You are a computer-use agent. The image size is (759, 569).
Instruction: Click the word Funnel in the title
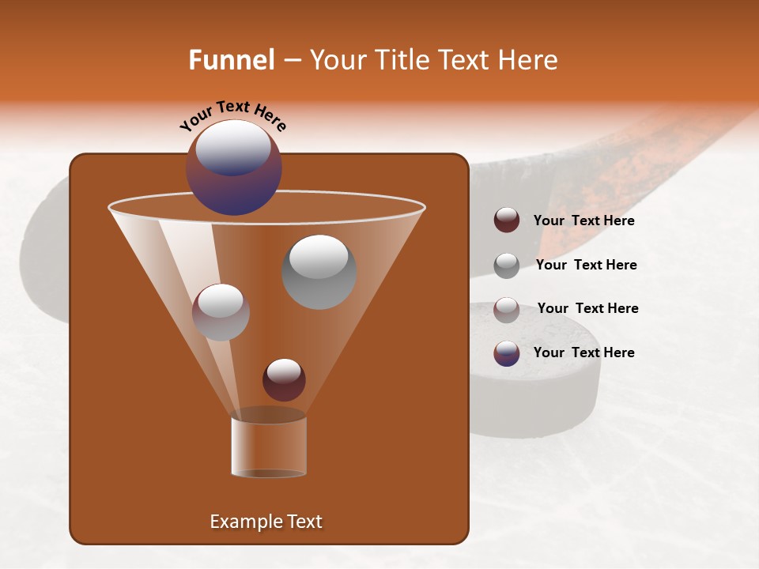click(x=231, y=60)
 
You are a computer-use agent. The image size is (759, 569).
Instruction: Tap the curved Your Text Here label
click(x=233, y=115)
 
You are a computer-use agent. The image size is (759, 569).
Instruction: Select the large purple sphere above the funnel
click(x=233, y=168)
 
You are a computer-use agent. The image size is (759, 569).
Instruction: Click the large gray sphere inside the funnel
click(x=319, y=271)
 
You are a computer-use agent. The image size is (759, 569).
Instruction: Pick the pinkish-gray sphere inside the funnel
click(x=221, y=312)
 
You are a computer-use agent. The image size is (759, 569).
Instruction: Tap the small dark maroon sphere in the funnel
click(x=284, y=379)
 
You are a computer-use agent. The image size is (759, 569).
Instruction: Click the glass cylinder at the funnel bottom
click(x=269, y=447)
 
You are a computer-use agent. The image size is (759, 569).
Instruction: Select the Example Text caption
click(x=266, y=522)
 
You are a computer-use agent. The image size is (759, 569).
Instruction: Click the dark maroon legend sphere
click(x=507, y=220)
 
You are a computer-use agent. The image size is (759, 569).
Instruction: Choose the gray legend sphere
click(x=507, y=265)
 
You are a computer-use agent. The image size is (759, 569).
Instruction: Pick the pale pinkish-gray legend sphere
click(x=507, y=309)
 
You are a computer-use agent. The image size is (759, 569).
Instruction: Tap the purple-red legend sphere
click(x=507, y=353)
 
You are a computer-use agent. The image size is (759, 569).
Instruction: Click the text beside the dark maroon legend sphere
click(x=583, y=220)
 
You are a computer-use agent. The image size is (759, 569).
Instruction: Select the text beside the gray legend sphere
click(x=586, y=265)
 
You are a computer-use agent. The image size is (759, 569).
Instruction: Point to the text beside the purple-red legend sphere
click(x=583, y=352)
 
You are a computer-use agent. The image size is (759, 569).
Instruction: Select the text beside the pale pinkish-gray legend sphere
click(x=587, y=308)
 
